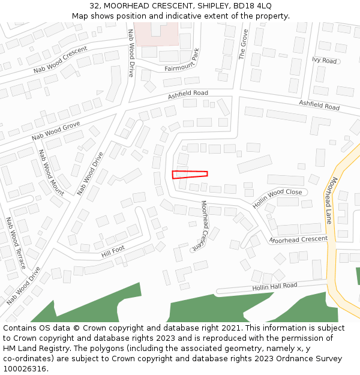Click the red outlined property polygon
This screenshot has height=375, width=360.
(190, 174)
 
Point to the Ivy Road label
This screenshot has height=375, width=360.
(325, 61)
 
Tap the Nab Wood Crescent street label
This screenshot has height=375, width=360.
(61, 59)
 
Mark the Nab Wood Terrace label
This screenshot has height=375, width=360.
(16, 242)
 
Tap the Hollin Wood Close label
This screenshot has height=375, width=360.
(277, 198)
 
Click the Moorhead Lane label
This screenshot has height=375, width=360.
(339, 200)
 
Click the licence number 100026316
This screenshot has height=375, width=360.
(25, 369)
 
